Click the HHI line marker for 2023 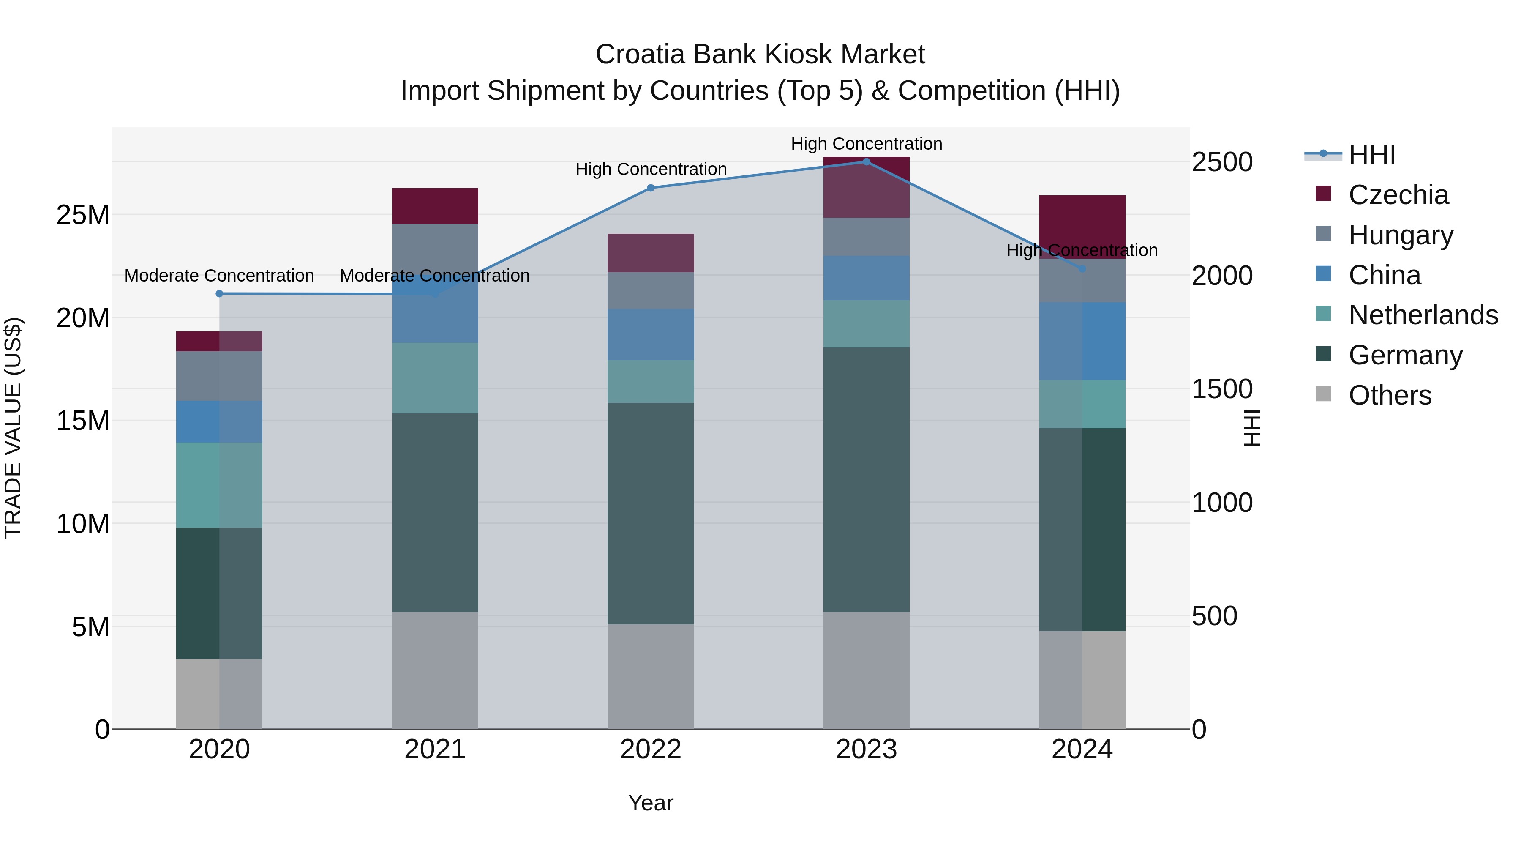[866, 162]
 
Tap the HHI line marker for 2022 [651, 188]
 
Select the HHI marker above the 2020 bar [219, 294]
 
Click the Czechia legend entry [1398, 195]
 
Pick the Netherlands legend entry [1423, 315]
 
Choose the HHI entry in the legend [1371, 155]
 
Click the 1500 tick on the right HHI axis [1221, 389]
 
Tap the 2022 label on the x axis [651, 749]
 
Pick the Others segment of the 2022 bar [651, 676]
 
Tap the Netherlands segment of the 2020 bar [219, 485]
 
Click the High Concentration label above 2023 [866, 144]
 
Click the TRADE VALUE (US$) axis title [13, 428]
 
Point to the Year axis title [651, 803]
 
